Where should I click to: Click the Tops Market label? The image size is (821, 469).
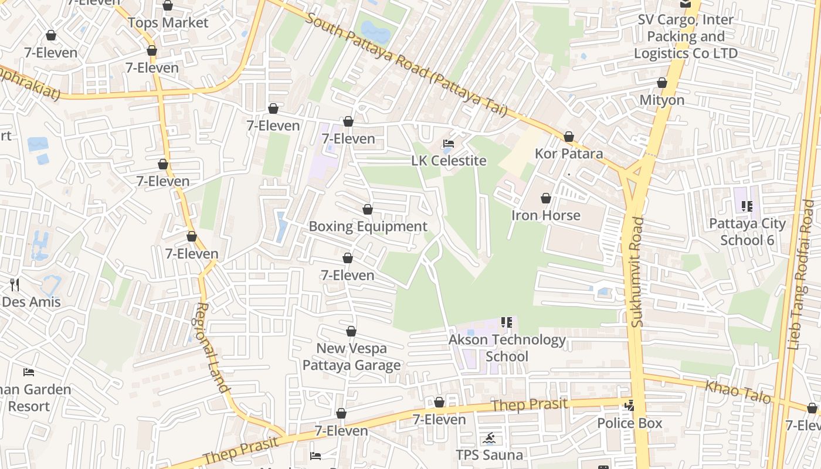pyautogui.click(x=168, y=23)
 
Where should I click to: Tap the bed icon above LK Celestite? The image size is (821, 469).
pyautogui.click(x=449, y=144)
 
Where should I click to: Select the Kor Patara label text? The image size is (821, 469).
pyautogui.click(x=568, y=154)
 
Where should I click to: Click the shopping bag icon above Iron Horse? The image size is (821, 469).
pyautogui.click(x=546, y=199)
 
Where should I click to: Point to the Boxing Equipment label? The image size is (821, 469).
pyautogui.click(x=368, y=226)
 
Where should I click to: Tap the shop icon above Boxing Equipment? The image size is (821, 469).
pyautogui.click(x=368, y=209)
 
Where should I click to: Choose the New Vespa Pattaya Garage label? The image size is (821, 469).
pyautogui.click(x=351, y=356)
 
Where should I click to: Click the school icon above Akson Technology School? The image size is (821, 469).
pyautogui.click(x=507, y=322)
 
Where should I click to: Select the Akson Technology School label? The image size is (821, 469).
pyautogui.click(x=507, y=348)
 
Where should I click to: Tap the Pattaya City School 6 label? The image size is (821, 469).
pyautogui.click(x=747, y=232)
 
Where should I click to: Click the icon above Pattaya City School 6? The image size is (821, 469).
pyautogui.click(x=747, y=206)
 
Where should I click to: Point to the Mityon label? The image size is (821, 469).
pyautogui.click(x=661, y=100)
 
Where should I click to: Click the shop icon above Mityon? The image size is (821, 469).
pyautogui.click(x=662, y=83)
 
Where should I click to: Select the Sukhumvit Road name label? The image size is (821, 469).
pyautogui.click(x=638, y=272)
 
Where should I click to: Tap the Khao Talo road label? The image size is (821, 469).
pyautogui.click(x=738, y=392)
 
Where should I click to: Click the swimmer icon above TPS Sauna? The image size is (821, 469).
pyautogui.click(x=489, y=438)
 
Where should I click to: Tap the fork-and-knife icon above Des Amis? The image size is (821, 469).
pyautogui.click(x=15, y=285)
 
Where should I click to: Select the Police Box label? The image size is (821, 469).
pyautogui.click(x=629, y=423)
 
